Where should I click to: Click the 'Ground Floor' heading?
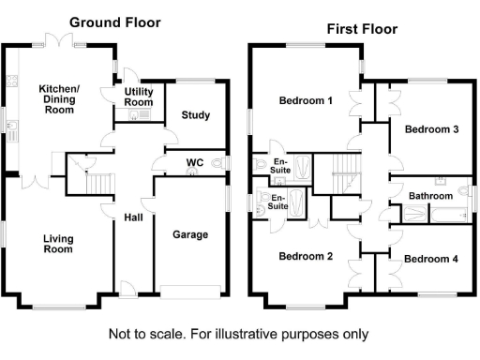[x=115, y=22]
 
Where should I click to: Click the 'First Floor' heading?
[x=362, y=29]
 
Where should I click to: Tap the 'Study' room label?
[x=196, y=116]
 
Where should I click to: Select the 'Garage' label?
[x=190, y=234]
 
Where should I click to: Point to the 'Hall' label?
[x=133, y=217]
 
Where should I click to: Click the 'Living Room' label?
[x=57, y=244]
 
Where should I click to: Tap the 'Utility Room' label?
[x=137, y=97]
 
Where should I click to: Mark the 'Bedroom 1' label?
[x=307, y=99]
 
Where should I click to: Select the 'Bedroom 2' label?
[x=307, y=255]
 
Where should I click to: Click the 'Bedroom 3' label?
[x=430, y=129]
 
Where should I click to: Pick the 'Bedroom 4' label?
[x=430, y=258]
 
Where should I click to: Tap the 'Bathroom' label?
[x=430, y=196]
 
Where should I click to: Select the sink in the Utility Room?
[x=135, y=116]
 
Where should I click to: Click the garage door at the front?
[x=191, y=288]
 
